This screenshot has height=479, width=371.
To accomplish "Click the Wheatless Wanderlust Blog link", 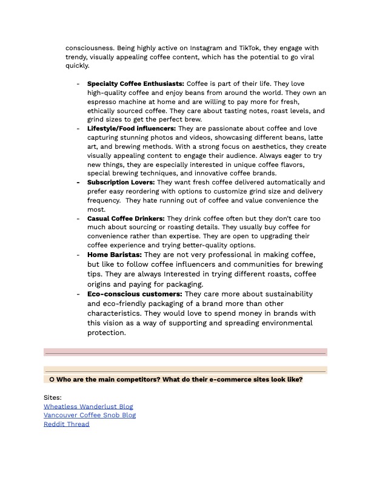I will [x=88, y=406].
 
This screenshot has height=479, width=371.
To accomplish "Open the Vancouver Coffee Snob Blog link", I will [x=90, y=415].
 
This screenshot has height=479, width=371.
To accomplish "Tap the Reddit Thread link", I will [x=66, y=424].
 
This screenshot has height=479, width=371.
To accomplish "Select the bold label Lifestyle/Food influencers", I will [x=132, y=129].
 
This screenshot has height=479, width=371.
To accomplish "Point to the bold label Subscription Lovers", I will [x=121, y=182].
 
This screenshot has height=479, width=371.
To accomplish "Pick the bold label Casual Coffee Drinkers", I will [x=126, y=218].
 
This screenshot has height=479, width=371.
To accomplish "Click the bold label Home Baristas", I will [x=115, y=255].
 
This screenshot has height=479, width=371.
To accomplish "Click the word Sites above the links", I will [x=53, y=397].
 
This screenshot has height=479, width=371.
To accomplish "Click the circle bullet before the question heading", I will [x=52, y=379].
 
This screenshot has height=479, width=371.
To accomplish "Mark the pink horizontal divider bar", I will [x=185, y=351].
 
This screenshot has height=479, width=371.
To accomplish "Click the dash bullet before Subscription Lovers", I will [x=78, y=182].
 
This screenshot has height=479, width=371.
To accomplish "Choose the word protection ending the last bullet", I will [x=106, y=333].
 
